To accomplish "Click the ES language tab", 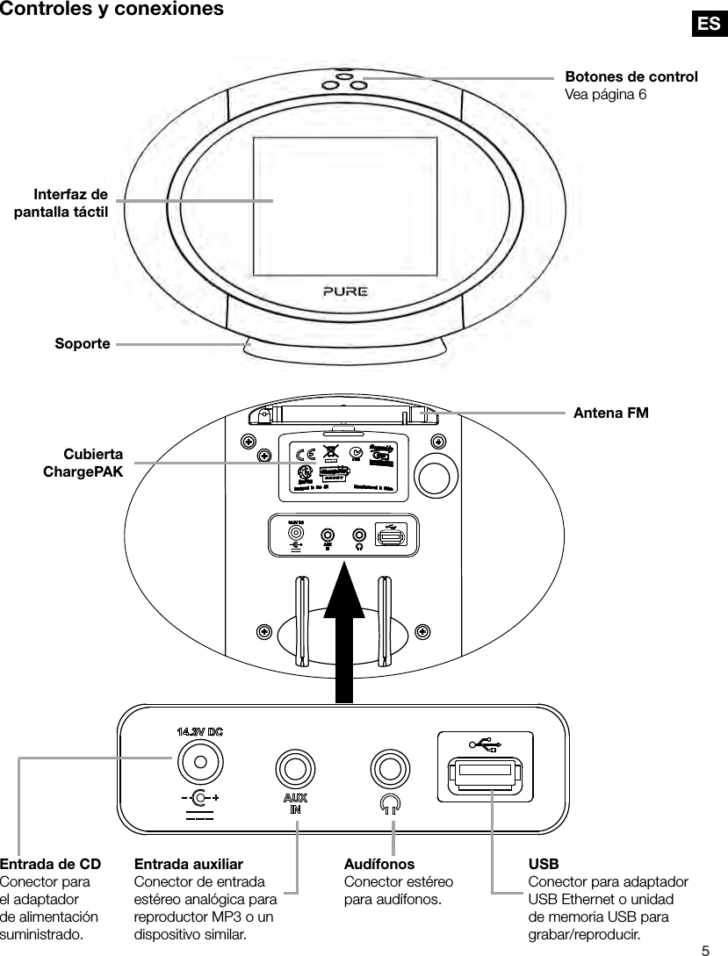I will pyautogui.click(x=708, y=24).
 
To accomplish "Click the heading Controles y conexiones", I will pyautogui.click(x=111, y=10).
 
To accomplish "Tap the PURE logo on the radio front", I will pyautogui.click(x=344, y=291).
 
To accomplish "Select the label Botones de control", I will pyautogui.click(x=631, y=76).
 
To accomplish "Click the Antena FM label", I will pyautogui.click(x=610, y=412).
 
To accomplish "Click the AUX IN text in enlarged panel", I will pyautogui.click(x=295, y=804).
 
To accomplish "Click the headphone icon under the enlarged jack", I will pyautogui.click(x=390, y=803).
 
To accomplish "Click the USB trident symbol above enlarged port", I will pyautogui.click(x=486, y=745).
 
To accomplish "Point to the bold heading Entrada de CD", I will pyautogui.click(x=50, y=865).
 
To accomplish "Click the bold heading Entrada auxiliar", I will pyautogui.click(x=188, y=865).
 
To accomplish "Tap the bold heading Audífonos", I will pyautogui.click(x=379, y=865).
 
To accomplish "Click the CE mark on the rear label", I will pyautogui.click(x=305, y=456).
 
